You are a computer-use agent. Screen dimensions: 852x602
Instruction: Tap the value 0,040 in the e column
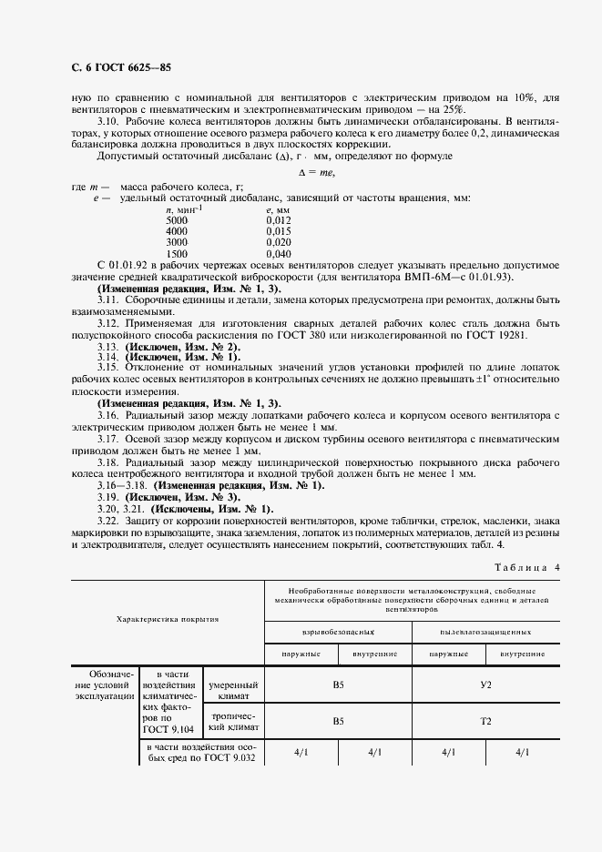pyautogui.click(x=279, y=254)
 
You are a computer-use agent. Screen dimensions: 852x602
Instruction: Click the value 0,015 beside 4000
pyautogui.click(x=279, y=231)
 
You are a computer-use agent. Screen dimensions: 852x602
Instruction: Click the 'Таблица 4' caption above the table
pyautogui.click(x=527, y=567)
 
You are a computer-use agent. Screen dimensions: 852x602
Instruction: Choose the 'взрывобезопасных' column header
pyautogui.click(x=337, y=630)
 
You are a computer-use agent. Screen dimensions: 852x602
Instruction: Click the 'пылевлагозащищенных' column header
pyautogui.click(x=485, y=630)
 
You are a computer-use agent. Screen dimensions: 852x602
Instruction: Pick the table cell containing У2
pyautogui.click(x=485, y=684)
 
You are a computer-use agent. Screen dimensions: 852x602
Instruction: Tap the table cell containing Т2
pyautogui.click(x=485, y=720)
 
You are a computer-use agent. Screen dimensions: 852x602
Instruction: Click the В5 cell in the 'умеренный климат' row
pyautogui.click(x=338, y=684)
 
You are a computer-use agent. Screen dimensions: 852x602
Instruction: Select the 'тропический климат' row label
pyautogui.click(x=234, y=720)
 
